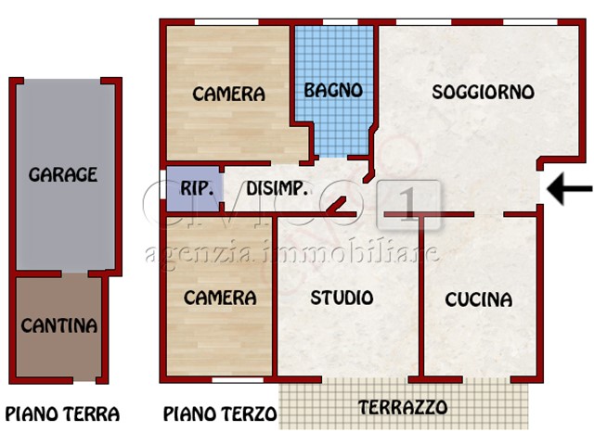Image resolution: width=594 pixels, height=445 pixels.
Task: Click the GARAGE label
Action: pos(63,174)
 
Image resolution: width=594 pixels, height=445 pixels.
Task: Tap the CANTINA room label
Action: pos(59,325)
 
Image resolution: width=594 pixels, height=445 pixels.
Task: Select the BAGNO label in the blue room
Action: pos(333,91)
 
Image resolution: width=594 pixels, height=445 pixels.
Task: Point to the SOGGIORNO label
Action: pos(483,92)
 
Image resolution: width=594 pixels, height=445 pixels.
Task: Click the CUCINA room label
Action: pos(478,299)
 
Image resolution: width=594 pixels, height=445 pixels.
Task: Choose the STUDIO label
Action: pos(342,298)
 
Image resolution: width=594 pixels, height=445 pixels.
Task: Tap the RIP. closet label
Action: pos(197,188)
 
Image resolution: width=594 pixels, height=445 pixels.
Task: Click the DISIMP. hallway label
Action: pos(278,188)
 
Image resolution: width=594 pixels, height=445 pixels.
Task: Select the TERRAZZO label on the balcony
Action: pos(403,407)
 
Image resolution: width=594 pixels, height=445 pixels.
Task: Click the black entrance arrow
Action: pos(569,189)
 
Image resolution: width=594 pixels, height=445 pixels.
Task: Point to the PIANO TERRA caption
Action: pos(62,414)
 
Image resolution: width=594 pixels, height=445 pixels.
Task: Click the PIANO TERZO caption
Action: pos(220,414)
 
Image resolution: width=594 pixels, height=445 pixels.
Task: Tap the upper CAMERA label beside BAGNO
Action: pos(228,94)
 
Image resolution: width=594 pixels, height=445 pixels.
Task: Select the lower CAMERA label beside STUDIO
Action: pos(220,298)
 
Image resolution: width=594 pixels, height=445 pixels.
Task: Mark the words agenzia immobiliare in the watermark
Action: pos(292,253)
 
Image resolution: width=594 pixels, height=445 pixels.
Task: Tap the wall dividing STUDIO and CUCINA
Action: pos(420,297)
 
